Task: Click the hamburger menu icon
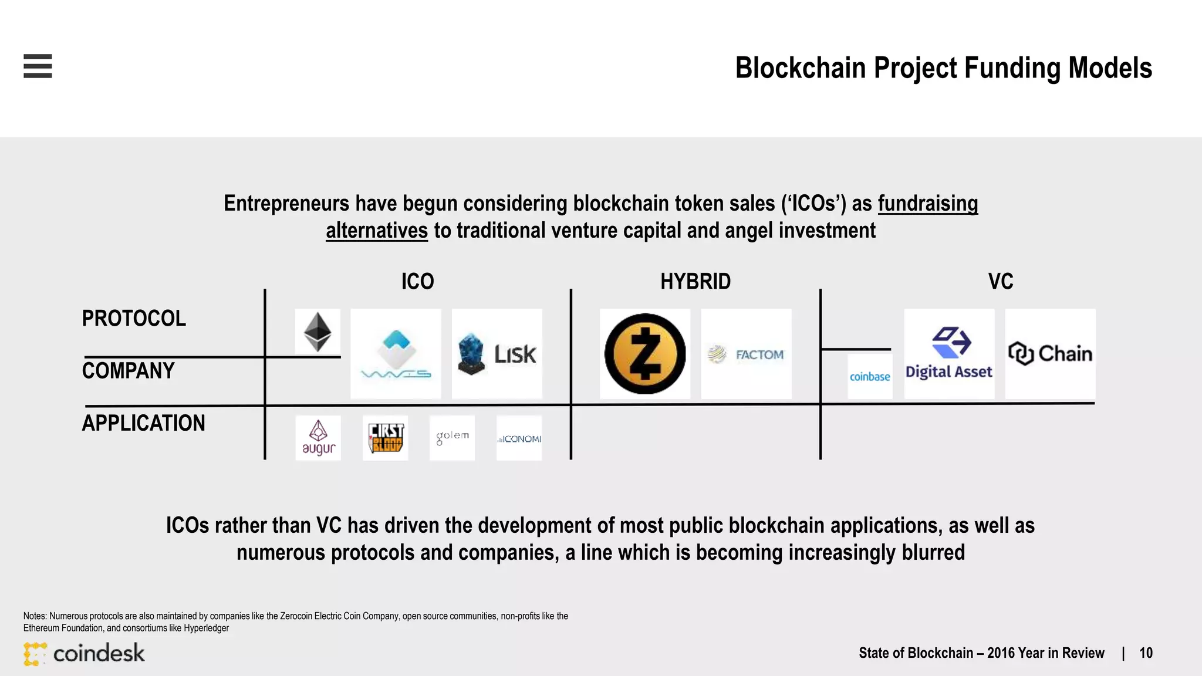[x=38, y=66]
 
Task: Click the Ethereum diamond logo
[x=318, y=332]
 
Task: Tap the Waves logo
[x=396, y=354]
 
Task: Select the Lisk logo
[x=497, y=354]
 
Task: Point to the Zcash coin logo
[x=645, y=354]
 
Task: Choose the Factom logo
[x=746, y=354]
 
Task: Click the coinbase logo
[x=870, y=377]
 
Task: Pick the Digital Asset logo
[x=949, y=354]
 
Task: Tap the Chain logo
[x=1050, y=354]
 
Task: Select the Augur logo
[x=318, y=438]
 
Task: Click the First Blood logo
[x=385, y=438]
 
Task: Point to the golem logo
[x=452, y=438]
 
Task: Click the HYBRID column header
[x=695, y=282]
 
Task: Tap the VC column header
[x=1001, y=282]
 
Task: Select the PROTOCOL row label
[x=134, y=319]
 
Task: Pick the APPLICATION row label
[x=144, y=423]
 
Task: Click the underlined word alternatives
[x=377, y=231]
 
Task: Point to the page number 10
[x=1146, y=653]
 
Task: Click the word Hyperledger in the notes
[x=206, y=628]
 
